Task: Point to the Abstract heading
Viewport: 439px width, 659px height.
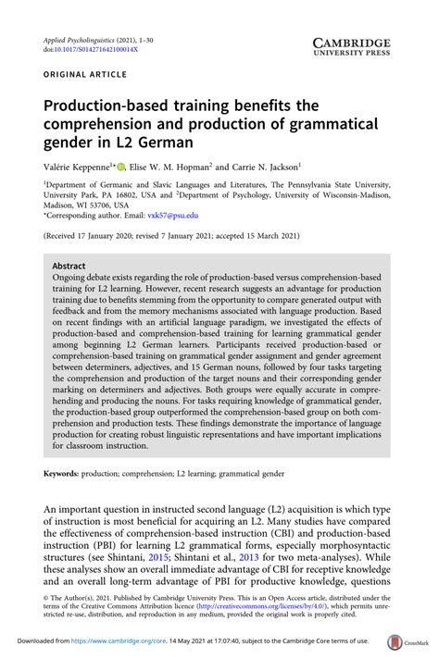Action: [69, 264]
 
